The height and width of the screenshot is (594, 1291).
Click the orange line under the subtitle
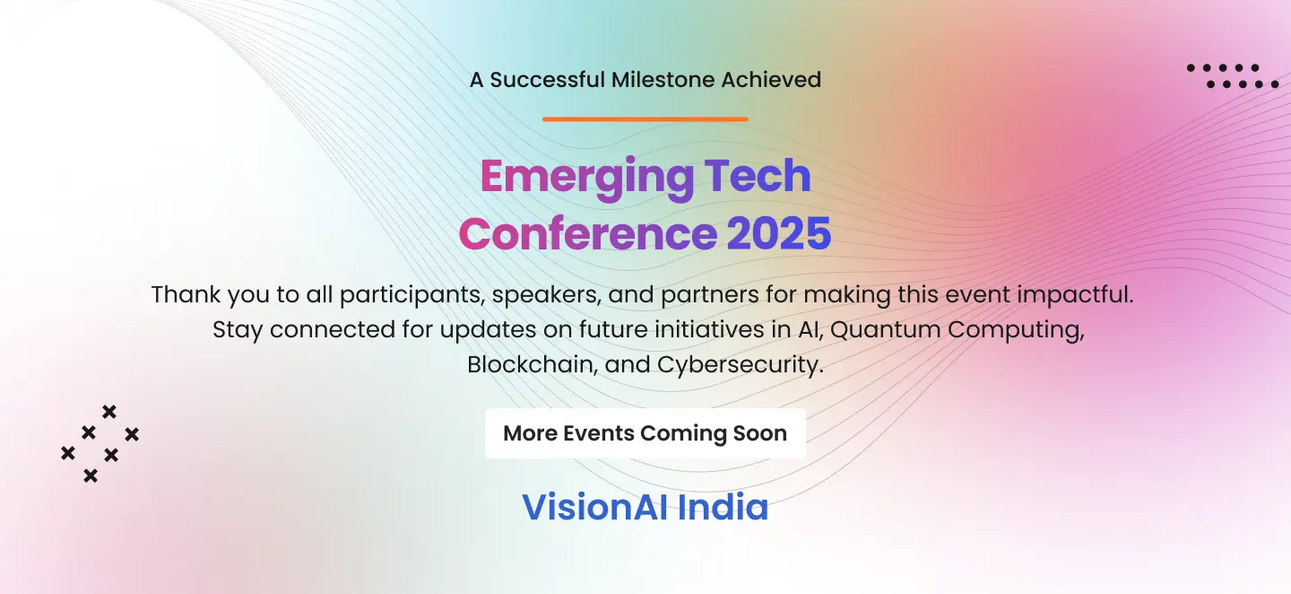coord(645,118)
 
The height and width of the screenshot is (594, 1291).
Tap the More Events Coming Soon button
coord(645,433)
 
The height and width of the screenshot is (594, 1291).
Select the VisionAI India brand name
coord(645,508)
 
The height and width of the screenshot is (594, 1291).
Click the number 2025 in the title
coord(778,233)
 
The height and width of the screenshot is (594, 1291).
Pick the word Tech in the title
coord(760,177)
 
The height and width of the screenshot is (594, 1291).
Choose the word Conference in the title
coord(587,233)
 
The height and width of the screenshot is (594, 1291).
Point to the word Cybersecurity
coord(740,365)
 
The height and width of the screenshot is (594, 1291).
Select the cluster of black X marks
coord(100,443)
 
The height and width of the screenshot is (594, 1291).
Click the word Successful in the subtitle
coord(547,79)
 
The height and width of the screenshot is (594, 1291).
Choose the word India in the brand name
coord(723,508)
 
